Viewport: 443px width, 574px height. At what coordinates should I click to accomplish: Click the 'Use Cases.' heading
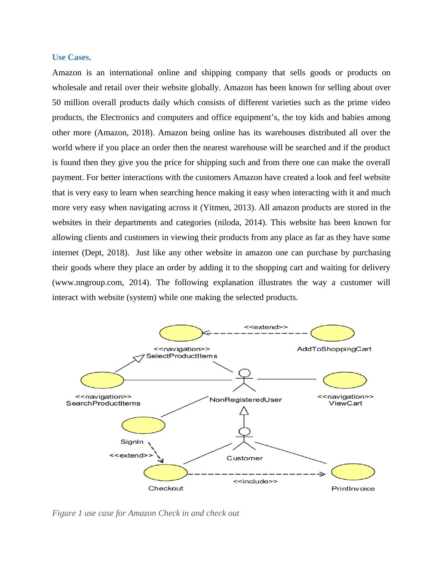point(71,57)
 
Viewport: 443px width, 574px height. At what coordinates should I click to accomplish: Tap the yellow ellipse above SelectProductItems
point(181,333)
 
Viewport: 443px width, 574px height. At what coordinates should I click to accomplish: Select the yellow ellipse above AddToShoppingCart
point(332,333)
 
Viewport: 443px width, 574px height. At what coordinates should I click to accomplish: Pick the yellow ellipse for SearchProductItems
point(102,380)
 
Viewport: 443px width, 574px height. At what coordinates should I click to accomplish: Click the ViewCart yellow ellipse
point(345,380)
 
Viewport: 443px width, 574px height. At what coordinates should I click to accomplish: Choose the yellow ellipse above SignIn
point(143,425)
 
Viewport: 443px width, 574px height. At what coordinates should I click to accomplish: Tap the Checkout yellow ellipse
point(166,473)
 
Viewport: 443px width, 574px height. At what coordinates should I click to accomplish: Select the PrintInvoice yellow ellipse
point(353,473)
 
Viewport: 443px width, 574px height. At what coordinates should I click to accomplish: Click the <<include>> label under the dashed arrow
point(255,482)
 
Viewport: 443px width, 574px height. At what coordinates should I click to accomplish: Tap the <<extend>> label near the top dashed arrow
point(266,327)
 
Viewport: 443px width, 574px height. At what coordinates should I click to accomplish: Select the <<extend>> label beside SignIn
point(131,455)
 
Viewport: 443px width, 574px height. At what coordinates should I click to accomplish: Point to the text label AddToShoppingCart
point(334,349)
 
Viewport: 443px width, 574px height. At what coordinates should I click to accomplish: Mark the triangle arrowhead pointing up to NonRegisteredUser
point(244,411)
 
